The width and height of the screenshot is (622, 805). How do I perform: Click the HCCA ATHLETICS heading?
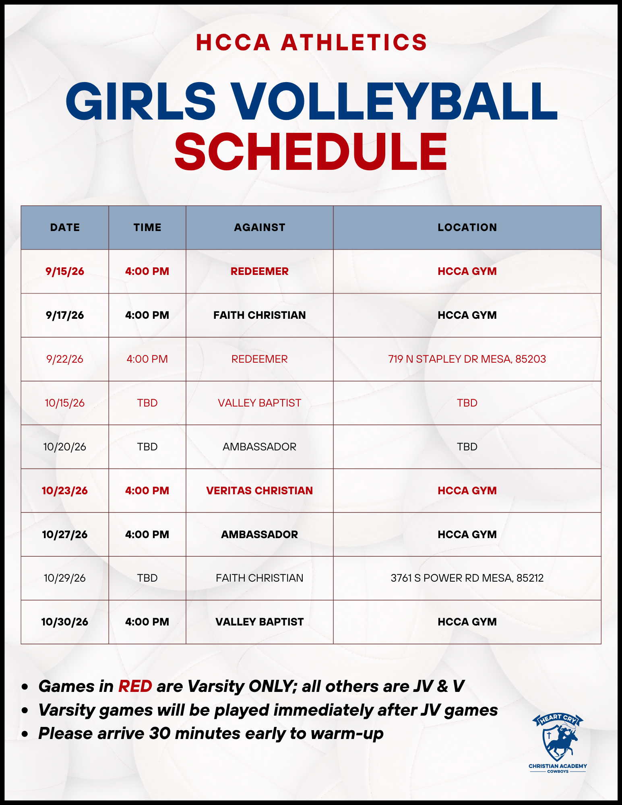(311, 43)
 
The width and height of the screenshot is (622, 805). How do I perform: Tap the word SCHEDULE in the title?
(311, 151)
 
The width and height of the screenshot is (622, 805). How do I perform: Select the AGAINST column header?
(260, 227)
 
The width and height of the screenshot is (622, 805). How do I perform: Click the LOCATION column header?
(467, 227)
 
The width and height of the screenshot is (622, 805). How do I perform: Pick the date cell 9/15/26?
(65, 271)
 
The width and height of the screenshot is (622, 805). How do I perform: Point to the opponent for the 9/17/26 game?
(260, 315)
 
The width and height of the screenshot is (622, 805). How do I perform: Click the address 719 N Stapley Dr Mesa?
(467, 359)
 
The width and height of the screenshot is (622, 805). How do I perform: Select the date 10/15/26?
(65, 403)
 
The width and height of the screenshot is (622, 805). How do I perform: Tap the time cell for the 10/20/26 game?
(147, 447)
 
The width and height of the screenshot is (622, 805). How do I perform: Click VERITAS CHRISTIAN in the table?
(260, 491)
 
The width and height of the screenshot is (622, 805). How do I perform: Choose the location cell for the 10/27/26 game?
(467, 535)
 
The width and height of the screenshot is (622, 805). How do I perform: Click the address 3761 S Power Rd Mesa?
(467, 578)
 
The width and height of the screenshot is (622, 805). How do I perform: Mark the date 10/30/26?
(65, 622)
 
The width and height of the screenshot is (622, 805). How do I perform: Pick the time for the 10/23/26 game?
(147, 491)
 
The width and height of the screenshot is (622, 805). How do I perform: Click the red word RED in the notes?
(135, 686)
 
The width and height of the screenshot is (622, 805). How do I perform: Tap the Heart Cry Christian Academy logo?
(558, 743)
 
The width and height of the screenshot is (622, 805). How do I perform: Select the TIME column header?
(147, 227)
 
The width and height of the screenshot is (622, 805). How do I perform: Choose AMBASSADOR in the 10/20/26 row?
(260, 447)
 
